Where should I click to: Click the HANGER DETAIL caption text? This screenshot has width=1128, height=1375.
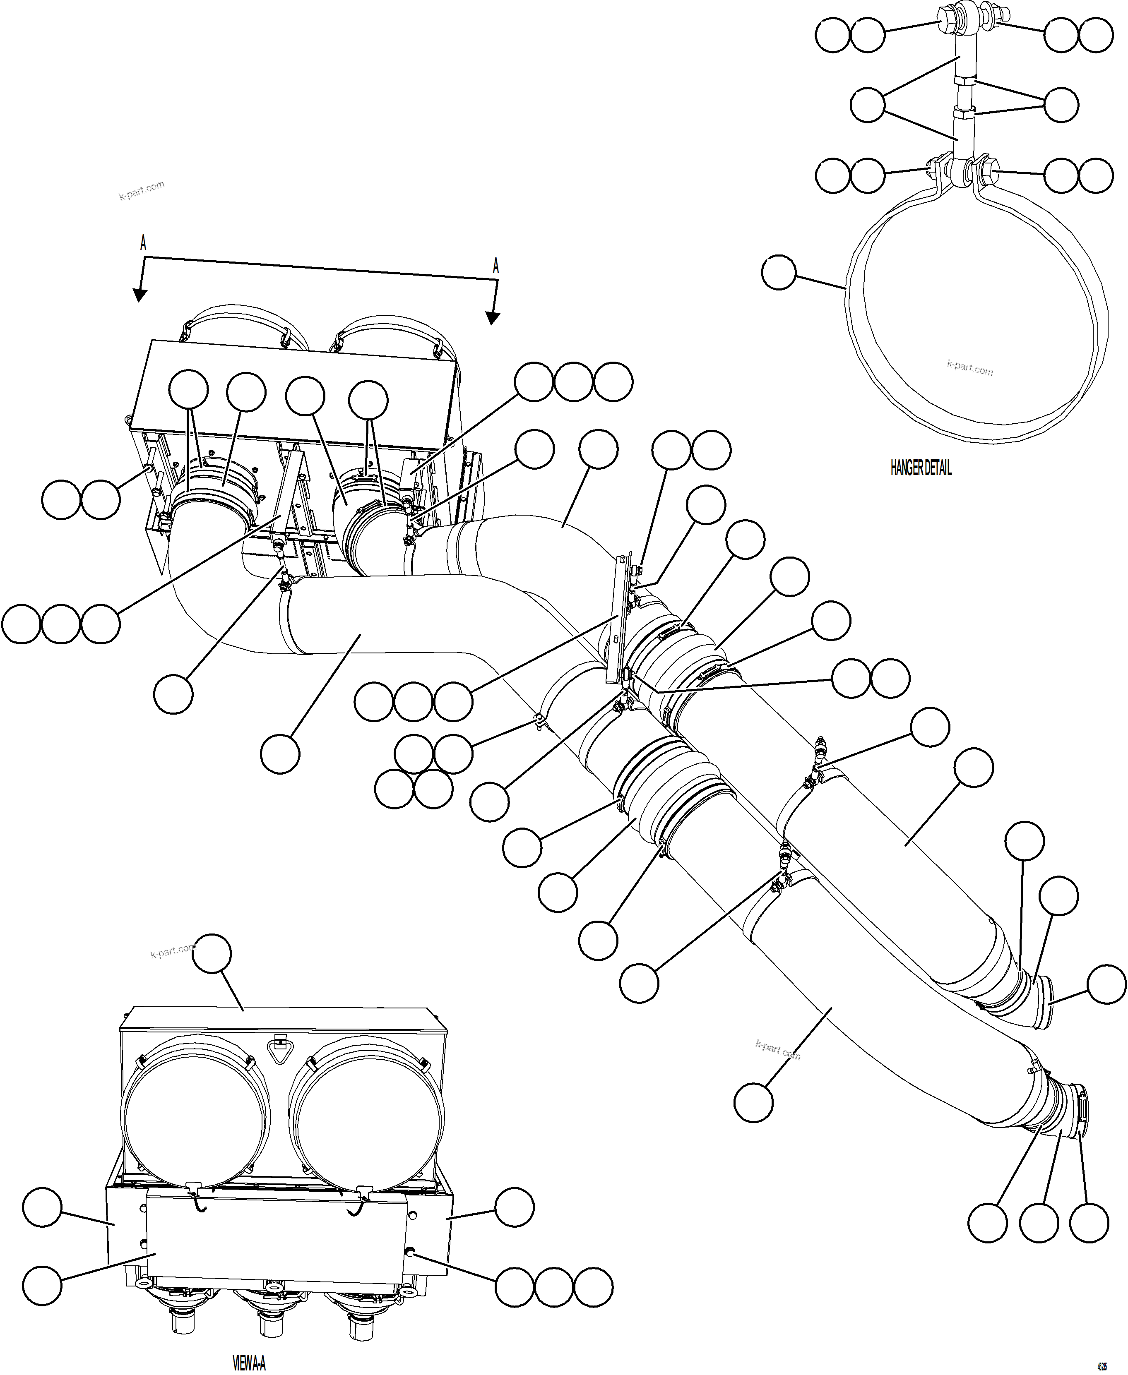(920, 468)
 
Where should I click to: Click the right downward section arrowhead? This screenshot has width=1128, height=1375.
(493, 318)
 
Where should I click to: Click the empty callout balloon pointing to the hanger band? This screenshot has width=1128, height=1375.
(779, 272)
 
